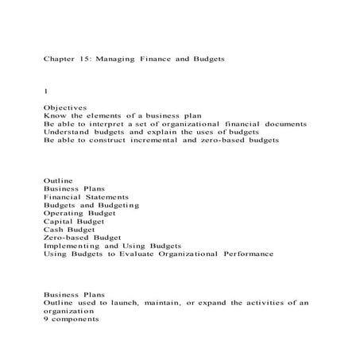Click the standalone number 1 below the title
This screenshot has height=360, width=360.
[x=45, y=91]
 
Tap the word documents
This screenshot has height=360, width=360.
[x=281, y=124]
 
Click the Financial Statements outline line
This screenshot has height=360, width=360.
[x=86, y=197]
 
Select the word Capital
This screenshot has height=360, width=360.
[x=60, y=221]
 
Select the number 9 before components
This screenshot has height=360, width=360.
[x=46, y=319]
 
